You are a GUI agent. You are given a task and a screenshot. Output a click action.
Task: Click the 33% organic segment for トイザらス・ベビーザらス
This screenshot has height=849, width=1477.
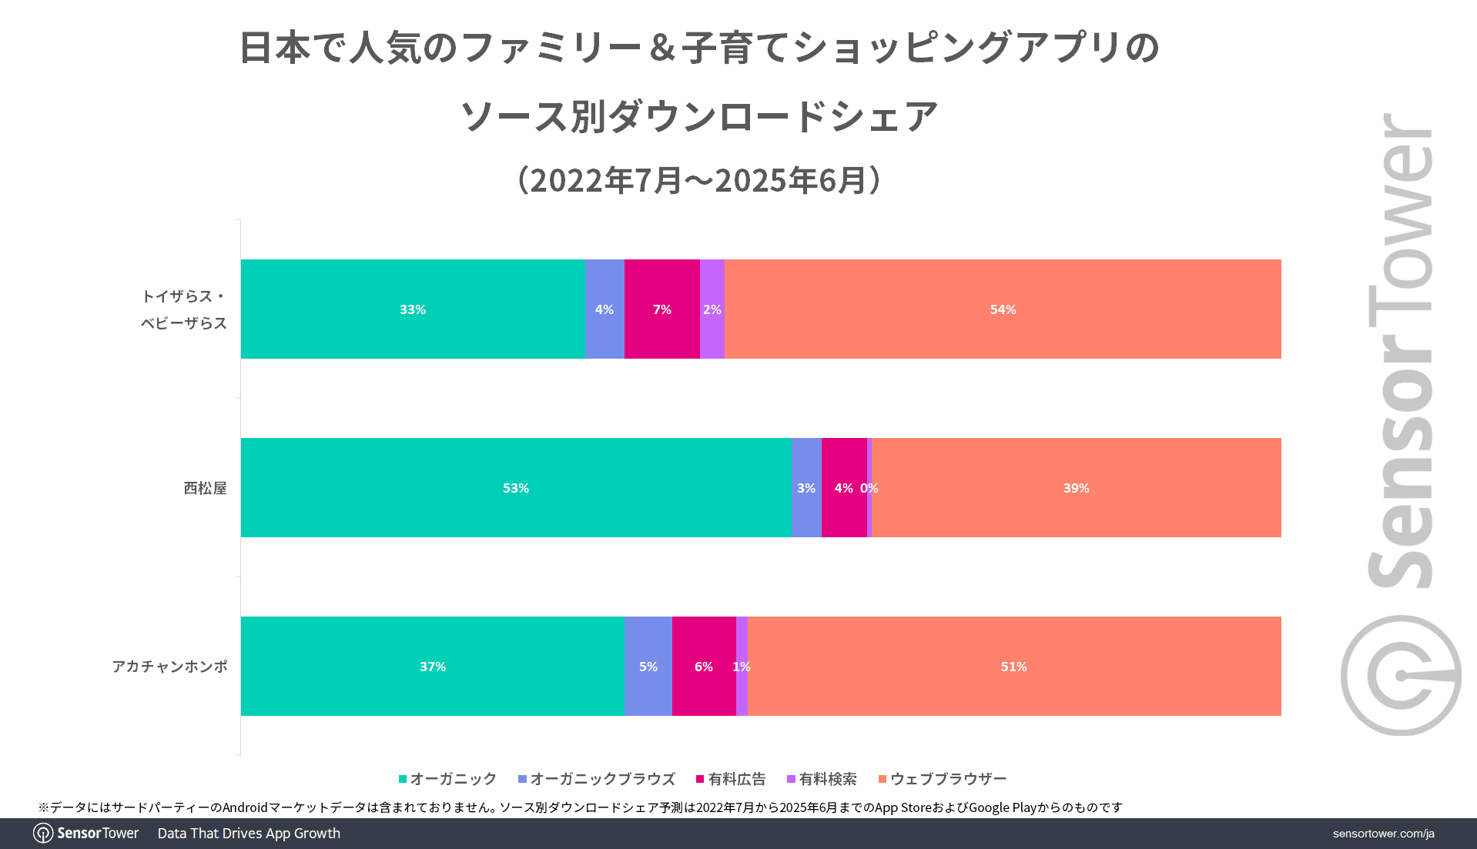[x=413, y=309]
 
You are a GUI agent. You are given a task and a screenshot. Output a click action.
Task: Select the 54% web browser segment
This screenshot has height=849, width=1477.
[x=1003, y=309]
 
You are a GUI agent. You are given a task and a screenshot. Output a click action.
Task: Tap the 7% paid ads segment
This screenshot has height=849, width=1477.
[x=661, y=309]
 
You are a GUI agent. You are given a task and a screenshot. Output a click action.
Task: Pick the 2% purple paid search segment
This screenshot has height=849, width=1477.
[x=712, y=309]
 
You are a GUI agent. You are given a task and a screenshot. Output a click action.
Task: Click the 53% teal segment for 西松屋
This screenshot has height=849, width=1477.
[x=515, y=487]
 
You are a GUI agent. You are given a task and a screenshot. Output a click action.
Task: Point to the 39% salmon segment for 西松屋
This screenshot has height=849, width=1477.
[x=1076, y=487]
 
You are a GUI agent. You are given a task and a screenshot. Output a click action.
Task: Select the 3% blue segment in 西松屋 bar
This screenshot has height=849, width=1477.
[x=805, y=487]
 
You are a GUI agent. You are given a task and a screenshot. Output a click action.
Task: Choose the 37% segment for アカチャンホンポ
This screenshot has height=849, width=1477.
[x=432, y=666]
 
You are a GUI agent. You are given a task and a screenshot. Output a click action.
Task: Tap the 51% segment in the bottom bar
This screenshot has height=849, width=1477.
[x=1013, y=666]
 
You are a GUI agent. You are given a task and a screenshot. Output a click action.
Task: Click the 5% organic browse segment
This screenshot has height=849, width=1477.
[x=648, y=666]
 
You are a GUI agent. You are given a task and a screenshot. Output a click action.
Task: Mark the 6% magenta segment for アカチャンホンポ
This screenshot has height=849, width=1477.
[x=703, y=666]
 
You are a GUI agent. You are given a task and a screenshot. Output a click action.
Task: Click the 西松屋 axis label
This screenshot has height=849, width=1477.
[x=205, y=488]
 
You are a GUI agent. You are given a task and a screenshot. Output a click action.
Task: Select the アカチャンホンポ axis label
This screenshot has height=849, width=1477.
[x=169, y=667]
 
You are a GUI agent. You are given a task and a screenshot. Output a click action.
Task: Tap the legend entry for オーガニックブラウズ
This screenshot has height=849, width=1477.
[x=597, y=779]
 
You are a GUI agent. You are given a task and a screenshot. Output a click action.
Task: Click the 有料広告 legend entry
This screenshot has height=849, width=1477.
[x=731, y=779]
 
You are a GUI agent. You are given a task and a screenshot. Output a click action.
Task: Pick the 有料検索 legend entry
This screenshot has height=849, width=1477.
[x=822, y=779]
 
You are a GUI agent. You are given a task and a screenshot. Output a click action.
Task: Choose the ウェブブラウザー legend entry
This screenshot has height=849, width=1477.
[x=943, y=779]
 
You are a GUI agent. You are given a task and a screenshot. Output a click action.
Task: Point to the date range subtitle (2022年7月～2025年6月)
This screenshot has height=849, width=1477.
[x=699, y=180]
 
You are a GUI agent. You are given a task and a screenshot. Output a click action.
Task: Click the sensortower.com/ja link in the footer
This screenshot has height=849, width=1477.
[x=1383, y=834]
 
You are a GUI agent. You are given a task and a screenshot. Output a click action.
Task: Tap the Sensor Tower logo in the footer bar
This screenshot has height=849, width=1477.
[x=86, y=834]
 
